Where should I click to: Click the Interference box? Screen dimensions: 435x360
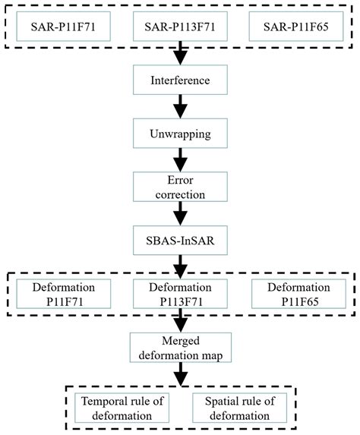click(180, 80)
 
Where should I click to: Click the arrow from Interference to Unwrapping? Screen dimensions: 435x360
click(180, 106)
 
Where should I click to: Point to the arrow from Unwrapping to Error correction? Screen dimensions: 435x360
click(180, 160)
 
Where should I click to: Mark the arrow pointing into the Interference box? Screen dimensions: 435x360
click(180, 55)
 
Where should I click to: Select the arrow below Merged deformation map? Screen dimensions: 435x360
click(180, 374)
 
